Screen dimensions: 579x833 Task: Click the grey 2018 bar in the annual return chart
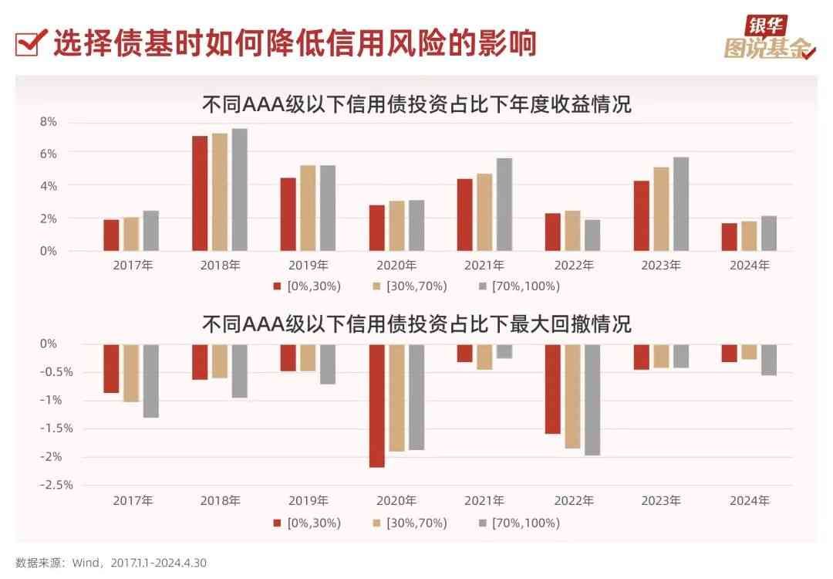point(239,190)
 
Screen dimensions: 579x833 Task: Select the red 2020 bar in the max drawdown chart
point(376,406)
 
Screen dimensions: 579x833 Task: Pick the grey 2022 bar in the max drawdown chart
point(592,400)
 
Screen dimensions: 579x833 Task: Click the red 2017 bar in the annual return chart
point(111,235)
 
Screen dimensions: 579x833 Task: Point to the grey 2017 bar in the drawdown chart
point(150,381)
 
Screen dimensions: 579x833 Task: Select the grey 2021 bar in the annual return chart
point(504,205)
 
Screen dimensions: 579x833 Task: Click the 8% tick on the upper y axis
point(48,122)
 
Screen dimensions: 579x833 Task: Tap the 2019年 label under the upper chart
point(308,266)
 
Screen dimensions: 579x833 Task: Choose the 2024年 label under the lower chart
point(749,500)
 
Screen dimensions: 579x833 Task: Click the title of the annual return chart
point(416,103)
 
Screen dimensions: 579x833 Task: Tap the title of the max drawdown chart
point(416,323)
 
